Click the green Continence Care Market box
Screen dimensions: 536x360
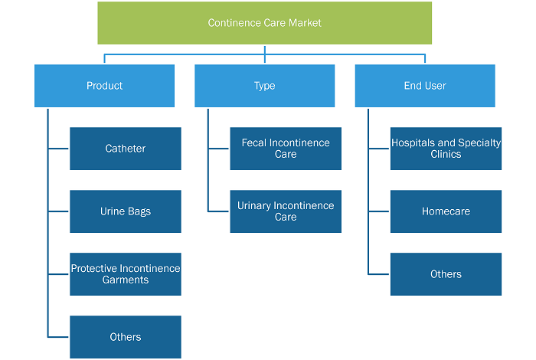click(265, 23)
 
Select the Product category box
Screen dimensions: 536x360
click(104, 86)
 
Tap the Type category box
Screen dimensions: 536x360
click(265, 86)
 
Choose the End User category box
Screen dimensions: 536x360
click(425, 86)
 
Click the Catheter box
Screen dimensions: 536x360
click(126, 149)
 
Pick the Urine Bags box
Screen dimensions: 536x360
click(126, 211)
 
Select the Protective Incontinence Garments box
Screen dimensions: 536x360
click(126, 274)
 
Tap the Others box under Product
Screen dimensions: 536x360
click(126, 337)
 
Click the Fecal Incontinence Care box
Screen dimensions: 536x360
click(286, 149)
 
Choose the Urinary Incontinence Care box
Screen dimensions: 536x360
click(286, 211)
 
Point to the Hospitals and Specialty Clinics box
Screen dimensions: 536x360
click(446, 149)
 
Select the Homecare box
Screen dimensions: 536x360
click(446, 211)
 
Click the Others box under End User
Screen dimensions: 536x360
click(446, 274)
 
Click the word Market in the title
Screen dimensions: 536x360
click(305, 23)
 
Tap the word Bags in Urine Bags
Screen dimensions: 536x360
click(139, 212)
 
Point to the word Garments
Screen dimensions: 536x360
click(126, 280)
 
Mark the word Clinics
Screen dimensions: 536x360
click(446, 154)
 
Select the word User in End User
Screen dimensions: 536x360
click(436, 86)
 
